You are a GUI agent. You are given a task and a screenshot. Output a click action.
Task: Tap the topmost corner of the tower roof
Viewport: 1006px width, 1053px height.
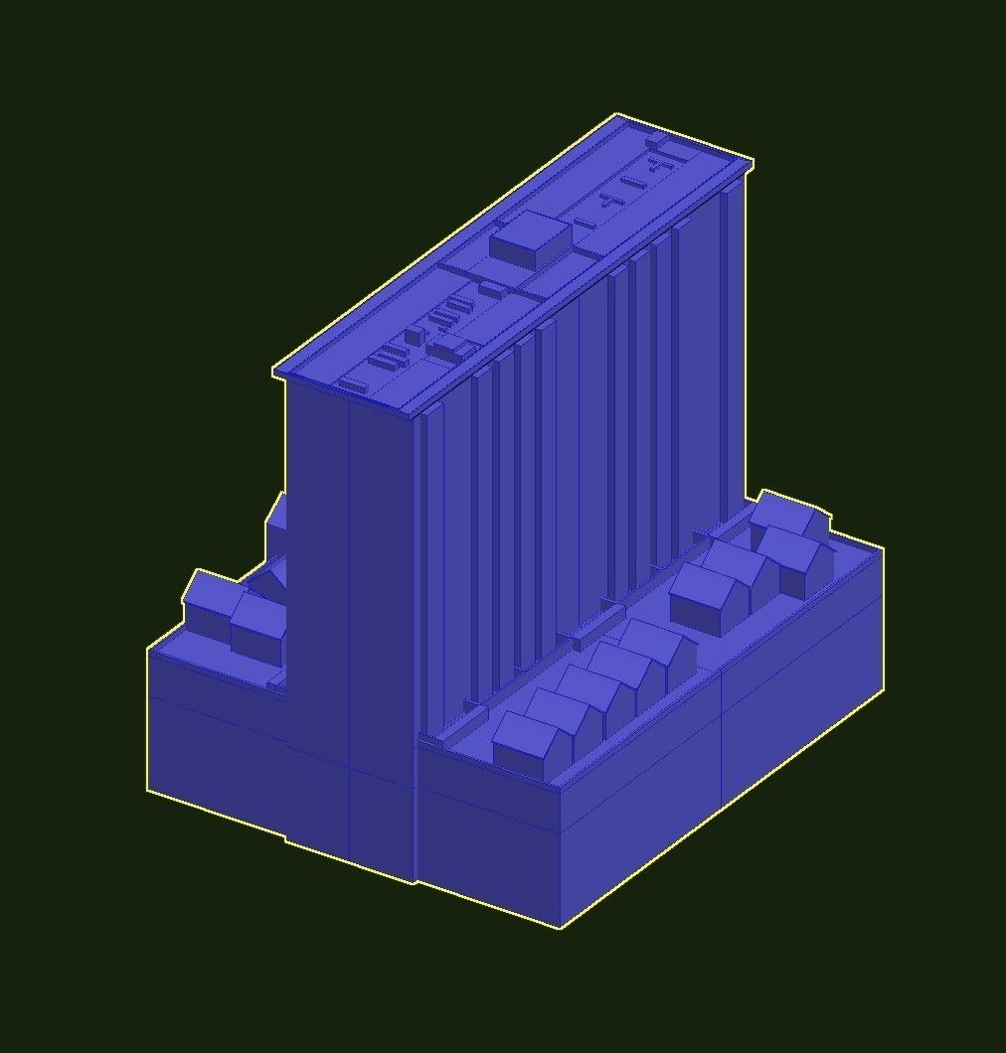click(616, 115)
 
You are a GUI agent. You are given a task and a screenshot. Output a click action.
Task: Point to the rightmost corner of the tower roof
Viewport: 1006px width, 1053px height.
click(752, 162)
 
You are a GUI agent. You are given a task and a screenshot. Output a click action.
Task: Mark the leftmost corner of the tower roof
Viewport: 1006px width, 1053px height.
click(274, 373)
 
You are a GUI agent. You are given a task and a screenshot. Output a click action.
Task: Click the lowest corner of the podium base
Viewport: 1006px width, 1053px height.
click(561, 927)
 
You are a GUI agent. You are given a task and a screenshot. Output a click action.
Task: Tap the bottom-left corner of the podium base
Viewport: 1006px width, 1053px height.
click(148, 790)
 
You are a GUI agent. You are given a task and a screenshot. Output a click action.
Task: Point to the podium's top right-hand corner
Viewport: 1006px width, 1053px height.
click(883, 548)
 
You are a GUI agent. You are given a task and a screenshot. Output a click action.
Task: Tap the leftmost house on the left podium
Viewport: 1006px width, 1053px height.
click(212, 602)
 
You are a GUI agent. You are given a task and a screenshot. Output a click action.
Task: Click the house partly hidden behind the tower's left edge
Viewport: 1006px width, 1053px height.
click(277, 516)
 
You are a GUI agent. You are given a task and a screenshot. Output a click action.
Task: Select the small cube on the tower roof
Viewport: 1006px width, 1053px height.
click(413, 337)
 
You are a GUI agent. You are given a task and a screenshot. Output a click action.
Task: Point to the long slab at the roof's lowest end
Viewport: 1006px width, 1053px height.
click(354, 383)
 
